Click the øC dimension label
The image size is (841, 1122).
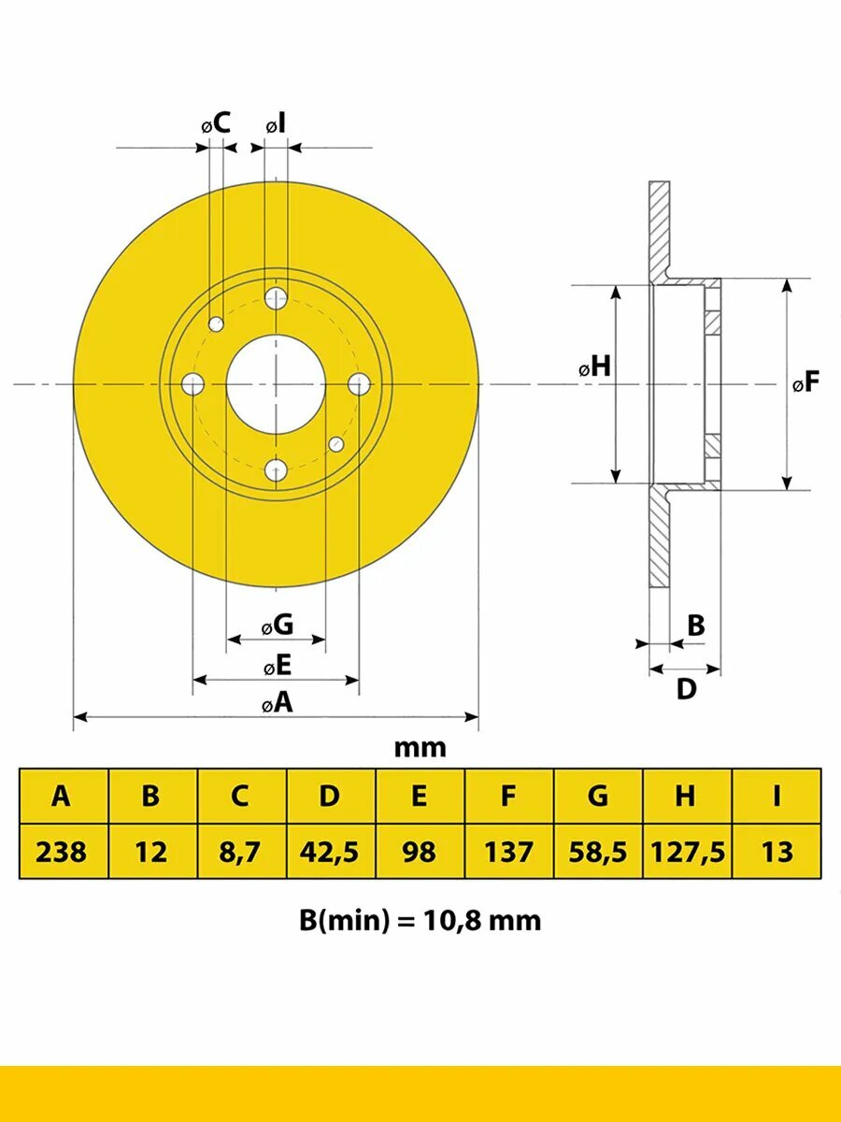click(x=216, y=122)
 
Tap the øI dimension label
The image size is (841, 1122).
click(x=276, y=123)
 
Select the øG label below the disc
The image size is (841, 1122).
click(x=277, y=625)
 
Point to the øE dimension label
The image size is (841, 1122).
click(x=278, y=666)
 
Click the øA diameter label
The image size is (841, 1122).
click(x=278, y=703)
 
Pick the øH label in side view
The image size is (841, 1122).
click(x=594, y=367)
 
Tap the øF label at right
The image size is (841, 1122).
click(x=805, y=381)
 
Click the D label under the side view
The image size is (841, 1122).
click(x=686, y=689)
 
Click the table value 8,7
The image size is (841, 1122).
click(x=240, y=852)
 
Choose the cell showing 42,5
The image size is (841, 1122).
click(x=329, y=852)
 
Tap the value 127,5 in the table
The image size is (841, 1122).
click(x=687, y=852)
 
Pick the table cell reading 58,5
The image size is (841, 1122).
click(x=597, y=852)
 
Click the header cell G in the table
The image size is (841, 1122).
click(x=597, y=796)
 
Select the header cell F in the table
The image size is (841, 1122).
click(x=508, y=796)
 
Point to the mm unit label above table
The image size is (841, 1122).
click(x=420, y=747)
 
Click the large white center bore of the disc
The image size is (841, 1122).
click(x=276, y=384)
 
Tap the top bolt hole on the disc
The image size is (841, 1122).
click(x=277, y=297)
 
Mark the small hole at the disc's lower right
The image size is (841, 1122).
click(x=336, y=444)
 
